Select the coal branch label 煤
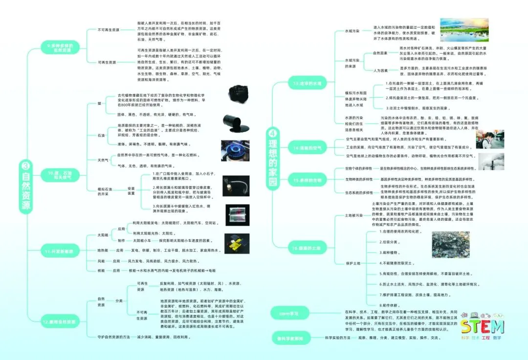click(x=99, y=104)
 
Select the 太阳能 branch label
click(x=103, y=235)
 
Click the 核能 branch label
click(x=101, y=270)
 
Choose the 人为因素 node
click(x=380, y=70)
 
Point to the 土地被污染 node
click(x=354, y=215)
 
